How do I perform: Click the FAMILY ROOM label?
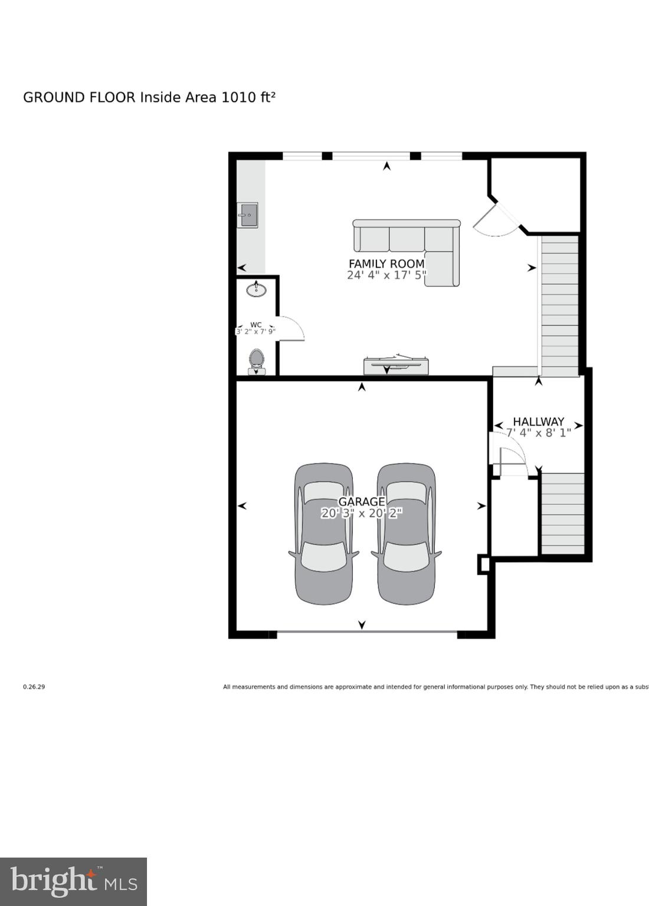click(386, 264)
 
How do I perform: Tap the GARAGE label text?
click(361, 502)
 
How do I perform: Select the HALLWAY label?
click(538, 422)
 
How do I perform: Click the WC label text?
click(255, 324)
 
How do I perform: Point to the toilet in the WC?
click(256, 361)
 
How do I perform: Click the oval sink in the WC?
click(256, 290)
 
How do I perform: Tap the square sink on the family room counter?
click(248, 215)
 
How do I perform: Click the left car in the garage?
click(324, 534)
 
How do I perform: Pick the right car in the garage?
click(407, 534)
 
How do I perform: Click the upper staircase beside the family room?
click(559, 306)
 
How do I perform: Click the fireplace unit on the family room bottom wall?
click(396, 366)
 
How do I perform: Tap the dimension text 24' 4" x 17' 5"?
click(386, 275)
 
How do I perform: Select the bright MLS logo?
click(73, 882)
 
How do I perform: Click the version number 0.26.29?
click(34, 687)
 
